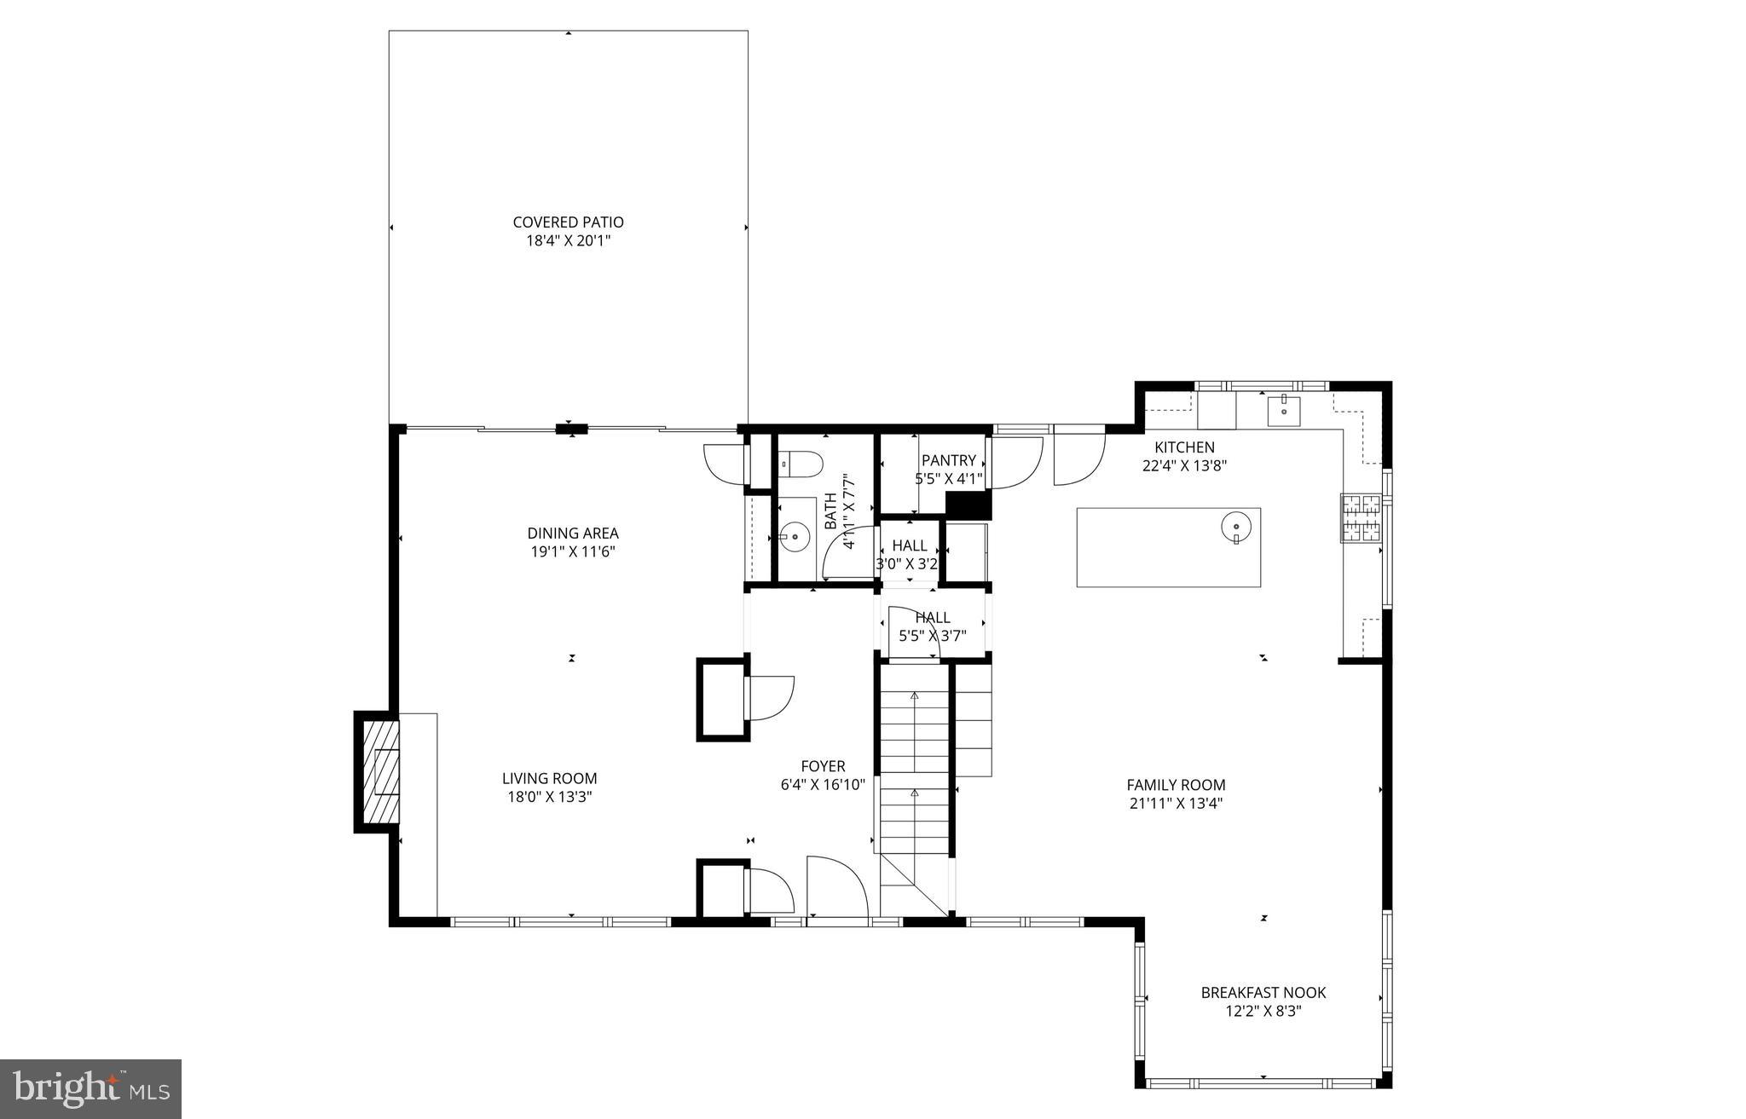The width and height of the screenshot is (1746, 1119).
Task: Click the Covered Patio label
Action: pyautogui.click(x=568, y=222)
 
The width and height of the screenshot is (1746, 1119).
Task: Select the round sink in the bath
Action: pyautogui.click(x=795, y=537)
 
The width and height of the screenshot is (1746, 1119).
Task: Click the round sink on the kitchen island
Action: pyautogui.click(x=1235, y=526)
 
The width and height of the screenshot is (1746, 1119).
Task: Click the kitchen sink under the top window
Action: pyautogui.click(x=1283, y=411)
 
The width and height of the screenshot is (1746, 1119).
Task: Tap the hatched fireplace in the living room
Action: pyautogui.click(x=381, y=771)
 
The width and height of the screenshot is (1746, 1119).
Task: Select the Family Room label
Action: pyautogui.click(x=1176, y=785)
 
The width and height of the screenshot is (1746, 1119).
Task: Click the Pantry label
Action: pyautogui.click(x=948, y=460)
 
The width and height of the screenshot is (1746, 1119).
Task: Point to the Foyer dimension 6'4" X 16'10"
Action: pyautogui.click(x=823, y=785)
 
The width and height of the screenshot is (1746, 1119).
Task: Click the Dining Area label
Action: pyautogui.click(x=572, y=534)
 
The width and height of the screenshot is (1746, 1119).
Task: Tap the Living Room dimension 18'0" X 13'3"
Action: pyautogui.click(x=549, y=797)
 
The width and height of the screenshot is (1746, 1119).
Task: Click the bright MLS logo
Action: pyautogui.click(x=90, y=1089)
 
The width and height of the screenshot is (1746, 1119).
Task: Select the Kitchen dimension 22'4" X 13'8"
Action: pyautogui.click(x=1184, y=466)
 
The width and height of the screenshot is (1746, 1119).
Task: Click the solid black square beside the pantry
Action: pyautogui.click(x=969, y=506)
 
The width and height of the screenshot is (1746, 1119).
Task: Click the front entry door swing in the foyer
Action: pyautogui.click(x=835, y=886)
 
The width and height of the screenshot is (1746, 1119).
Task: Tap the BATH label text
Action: pyautogui.click(x=830, y=511)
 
